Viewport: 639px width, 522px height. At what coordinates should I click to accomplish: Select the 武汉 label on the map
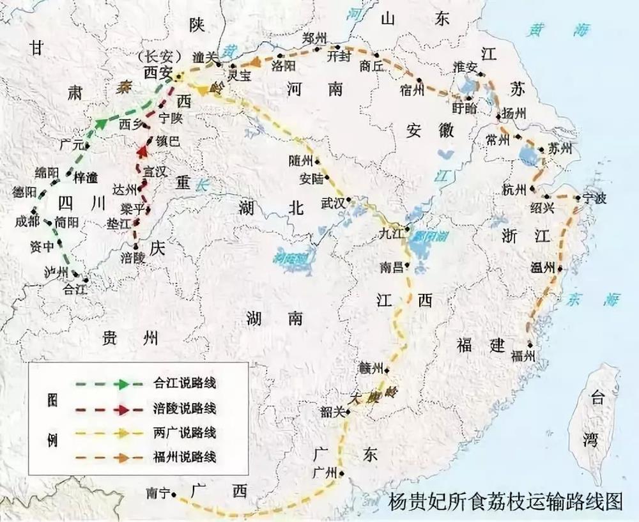point(332,204)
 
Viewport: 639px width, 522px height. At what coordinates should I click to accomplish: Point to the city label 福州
point(523,357)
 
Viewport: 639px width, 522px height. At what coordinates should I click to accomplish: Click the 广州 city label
point(325,473)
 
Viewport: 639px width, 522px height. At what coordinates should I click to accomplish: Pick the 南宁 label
point(157,493)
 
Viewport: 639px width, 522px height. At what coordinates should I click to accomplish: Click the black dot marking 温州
point(560,269)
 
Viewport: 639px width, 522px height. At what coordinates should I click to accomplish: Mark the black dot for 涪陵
point(136,245)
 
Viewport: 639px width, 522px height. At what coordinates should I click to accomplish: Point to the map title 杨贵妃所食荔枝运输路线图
point(505,502)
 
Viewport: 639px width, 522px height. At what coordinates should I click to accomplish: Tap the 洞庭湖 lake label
point(290,258)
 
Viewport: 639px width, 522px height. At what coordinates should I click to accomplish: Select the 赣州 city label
point(371,367)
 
